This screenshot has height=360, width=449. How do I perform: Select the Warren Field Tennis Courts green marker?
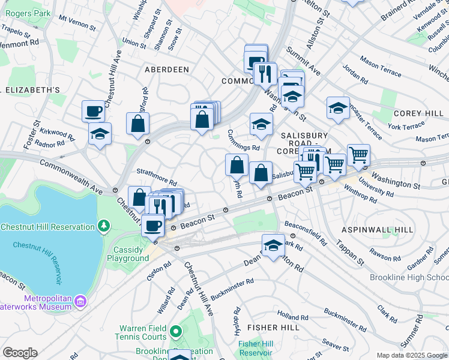pos(175,331)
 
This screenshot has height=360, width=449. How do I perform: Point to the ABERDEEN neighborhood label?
pos(167,70)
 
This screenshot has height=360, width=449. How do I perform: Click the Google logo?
pos(20,353)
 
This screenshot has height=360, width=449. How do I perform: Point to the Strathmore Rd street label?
pos(157,177)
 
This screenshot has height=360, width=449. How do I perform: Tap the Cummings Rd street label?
pos(244,140)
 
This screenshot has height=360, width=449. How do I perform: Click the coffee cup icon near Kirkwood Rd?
pos(94,110)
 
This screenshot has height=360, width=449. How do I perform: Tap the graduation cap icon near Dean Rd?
pos(273,245)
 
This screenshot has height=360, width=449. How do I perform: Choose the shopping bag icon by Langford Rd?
pos(138,123)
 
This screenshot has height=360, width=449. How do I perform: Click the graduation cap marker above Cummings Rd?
pos(261,124)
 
